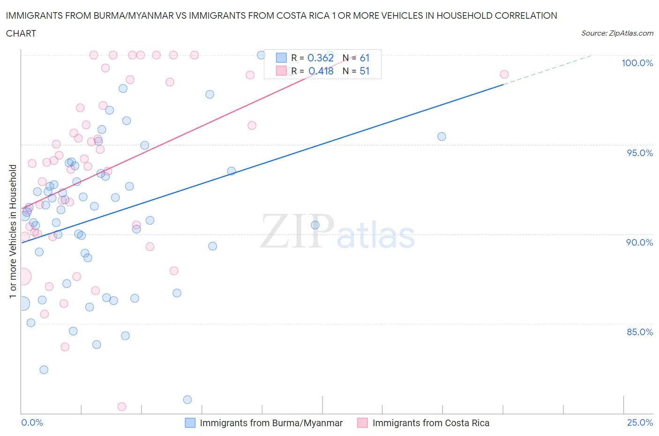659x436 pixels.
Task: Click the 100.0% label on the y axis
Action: pos(637,63)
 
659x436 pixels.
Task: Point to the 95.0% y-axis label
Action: pos(639,153)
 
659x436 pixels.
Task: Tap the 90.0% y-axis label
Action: pos(639,242)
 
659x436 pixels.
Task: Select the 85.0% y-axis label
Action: pos(639,332)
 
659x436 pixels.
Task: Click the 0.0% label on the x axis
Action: pos(32,422)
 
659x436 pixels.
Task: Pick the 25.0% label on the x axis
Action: pos(640,422)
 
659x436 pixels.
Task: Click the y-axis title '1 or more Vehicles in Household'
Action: pos(13,231)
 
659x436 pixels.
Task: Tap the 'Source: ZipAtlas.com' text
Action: pos(617,33)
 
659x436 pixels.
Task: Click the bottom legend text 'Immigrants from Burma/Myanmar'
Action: pos(271,423)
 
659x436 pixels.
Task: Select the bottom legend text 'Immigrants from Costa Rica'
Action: pos(430,423)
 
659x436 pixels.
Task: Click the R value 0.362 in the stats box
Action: pos(321,58)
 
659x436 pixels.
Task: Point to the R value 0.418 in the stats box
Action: pos(321,71)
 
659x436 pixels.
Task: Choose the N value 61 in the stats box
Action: pos(365,58)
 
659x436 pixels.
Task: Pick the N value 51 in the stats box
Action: pos(365,71)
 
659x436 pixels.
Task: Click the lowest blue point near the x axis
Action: pos(187,399)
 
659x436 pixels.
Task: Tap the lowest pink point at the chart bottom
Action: pos(122,406)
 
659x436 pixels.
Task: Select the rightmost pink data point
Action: pos(504,75)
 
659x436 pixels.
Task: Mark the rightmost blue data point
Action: pos(442,136)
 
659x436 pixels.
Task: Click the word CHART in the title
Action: pos(21,33)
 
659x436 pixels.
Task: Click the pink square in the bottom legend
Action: pos(362,423)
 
